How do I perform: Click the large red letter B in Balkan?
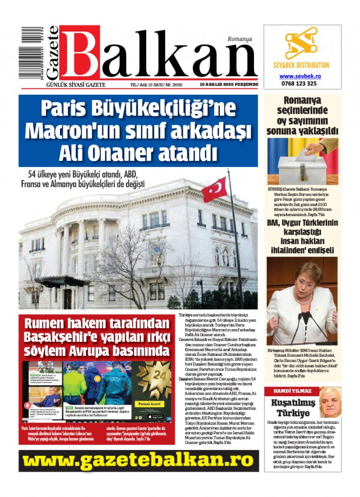80,55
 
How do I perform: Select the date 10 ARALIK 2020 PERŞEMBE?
229,84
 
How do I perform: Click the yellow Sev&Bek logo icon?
301,44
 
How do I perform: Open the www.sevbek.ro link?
300,76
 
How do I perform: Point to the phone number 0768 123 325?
300,83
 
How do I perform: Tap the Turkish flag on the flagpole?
214,189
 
